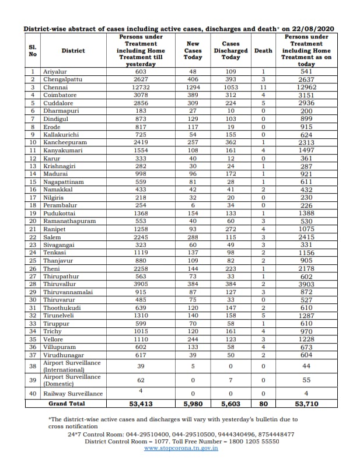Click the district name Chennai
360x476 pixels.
coord(56,87)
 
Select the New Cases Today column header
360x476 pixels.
coord(193,50)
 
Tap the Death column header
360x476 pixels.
coord(263,50)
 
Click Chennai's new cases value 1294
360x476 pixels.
coord(193,87)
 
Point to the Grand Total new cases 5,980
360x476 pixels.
coord(193,404)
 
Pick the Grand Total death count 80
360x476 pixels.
coord(263,404)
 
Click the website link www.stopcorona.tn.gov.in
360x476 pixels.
coord(181,447)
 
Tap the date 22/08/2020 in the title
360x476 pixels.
coord(318,28)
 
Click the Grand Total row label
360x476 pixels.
coord(67,404)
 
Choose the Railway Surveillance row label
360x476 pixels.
coord(73,393)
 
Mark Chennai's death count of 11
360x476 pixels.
coord(263,87)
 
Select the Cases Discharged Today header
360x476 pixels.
coord(230,50)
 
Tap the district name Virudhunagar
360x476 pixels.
coord(64,355)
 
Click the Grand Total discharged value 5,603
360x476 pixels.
coord(230,404)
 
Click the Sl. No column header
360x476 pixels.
coord(33,50)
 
